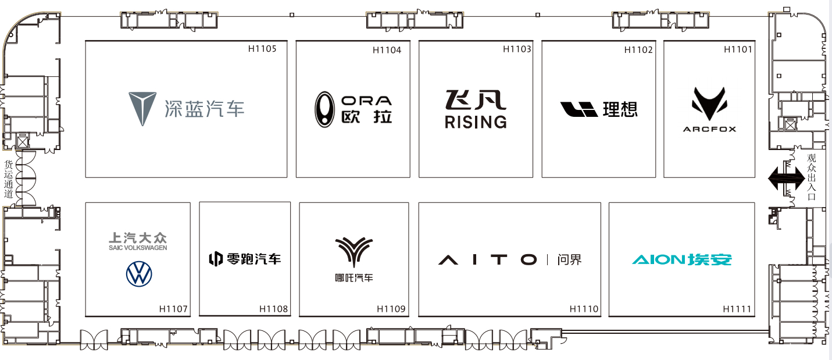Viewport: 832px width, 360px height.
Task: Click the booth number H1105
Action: click(x=262, y=49)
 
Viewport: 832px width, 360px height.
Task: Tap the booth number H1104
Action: click(x=387, y=50)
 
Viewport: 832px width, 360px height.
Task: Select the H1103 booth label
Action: click(x=517, y=49)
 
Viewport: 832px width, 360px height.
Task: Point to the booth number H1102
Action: click(x=638, y=50)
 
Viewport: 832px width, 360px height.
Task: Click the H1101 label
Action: click(x=738, y=49)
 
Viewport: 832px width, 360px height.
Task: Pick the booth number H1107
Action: click(x=173, y=309)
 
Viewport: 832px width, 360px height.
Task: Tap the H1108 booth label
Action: click(x=273, y=309)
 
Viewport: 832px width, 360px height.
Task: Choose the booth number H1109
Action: click(x=391, y=309)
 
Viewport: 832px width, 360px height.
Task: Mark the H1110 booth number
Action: click(x=584, y=309)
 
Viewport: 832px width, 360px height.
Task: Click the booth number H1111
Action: click(x=737, y=309)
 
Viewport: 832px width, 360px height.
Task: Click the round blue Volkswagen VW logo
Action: click(x=138, y=275)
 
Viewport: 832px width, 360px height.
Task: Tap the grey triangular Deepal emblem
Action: click(x=142, y=108)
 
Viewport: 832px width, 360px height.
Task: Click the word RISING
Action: click(x=476, y=122)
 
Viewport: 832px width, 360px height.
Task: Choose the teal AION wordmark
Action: click(x=659, y=259)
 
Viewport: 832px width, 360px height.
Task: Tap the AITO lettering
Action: click(x=487, y=259)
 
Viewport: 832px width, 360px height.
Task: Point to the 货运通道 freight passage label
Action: click(x=8, y=179)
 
